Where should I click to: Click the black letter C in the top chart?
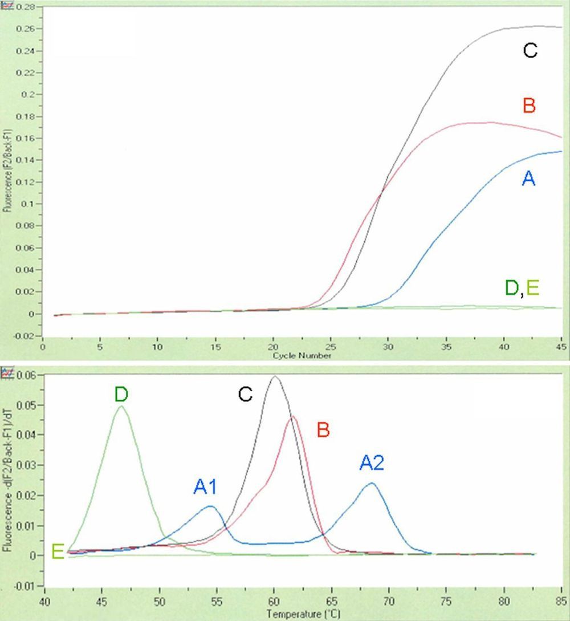530,51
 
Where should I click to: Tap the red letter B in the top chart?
528,106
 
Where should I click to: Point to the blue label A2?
372,462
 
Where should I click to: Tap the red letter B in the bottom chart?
323,429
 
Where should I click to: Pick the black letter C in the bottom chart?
245,395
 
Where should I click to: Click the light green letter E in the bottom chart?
57,551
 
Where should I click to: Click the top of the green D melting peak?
121,407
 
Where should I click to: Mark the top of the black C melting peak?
275,376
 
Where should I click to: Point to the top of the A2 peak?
372,484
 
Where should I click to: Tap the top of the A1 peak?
210,506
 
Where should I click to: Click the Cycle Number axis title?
302,355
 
